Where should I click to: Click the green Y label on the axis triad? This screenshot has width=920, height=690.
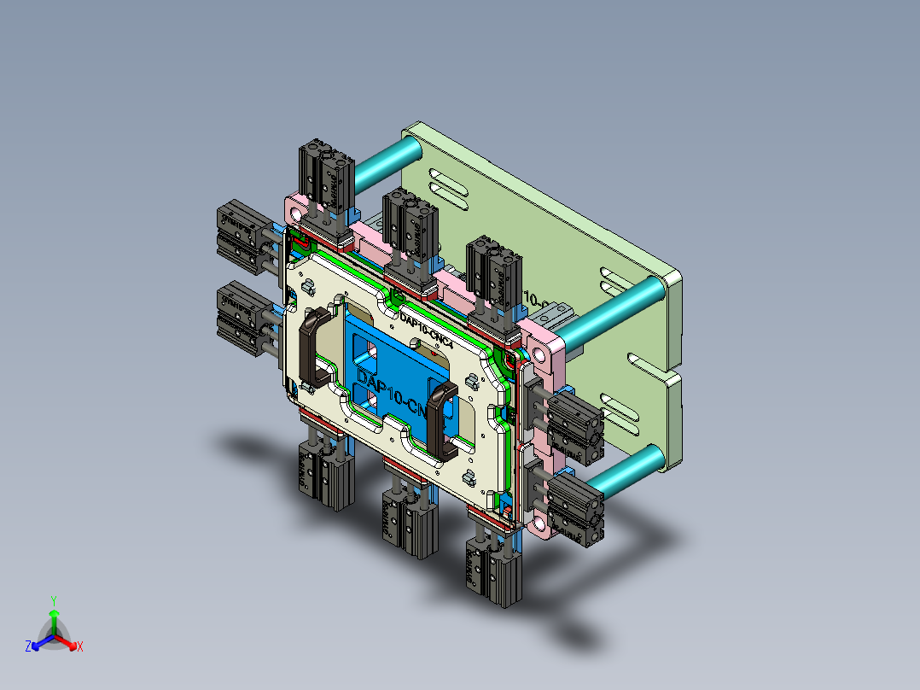tap(53, 599)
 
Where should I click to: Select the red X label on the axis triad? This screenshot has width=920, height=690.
tap(80, 647)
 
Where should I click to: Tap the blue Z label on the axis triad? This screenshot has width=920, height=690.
tap(28, 647)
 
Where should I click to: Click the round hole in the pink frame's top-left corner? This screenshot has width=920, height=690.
tap(295, 208)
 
